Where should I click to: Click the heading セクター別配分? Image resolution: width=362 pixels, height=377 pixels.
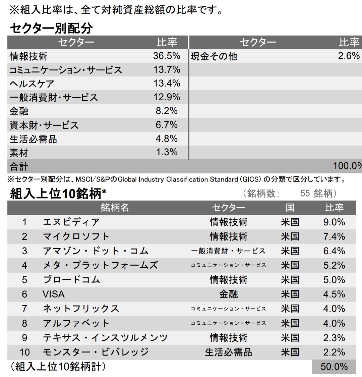pyautogui.click(x=51, y=28)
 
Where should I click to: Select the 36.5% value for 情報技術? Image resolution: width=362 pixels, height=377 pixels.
pyautogui.click(x=167, y=56)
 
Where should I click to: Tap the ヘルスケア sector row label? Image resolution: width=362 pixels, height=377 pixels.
pyautogui.click(x=32, y=84)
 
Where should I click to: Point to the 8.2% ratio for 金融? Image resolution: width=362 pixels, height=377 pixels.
pyautogui.click(x=167, y=111)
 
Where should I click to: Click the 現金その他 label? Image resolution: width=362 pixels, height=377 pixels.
pyautogui.click(x=214, y=56)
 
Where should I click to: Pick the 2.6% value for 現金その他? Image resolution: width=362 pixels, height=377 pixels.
pyautogui.click(x=349, y=56)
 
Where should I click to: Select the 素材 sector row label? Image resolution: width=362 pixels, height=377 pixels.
pyautogui.click(x=19, y=153)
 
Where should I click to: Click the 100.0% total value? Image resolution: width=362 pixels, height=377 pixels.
pyautogui.click(x=347, y=166)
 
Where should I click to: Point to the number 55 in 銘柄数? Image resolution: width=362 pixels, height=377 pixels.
pyautogui.click(x=305, y=194)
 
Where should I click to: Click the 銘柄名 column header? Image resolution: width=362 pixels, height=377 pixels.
pyautogui.click(x=115, y=208)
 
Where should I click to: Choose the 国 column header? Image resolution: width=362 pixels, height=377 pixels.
pyautogui.click(x=290, y=208)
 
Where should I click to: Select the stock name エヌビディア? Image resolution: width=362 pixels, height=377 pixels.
pyautogui.click(x=71, y=222)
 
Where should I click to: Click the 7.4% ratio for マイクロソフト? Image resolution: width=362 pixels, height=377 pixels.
pyautogui.click(x=334, y=236)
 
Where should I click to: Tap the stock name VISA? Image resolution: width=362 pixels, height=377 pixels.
pyautogui.click(x=54, y=294)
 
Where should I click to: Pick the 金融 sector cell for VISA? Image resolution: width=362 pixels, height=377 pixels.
pyautogui.click(x=228, y=294)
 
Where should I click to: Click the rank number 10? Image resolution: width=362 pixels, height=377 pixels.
pyautogui.click(x=24, y=352)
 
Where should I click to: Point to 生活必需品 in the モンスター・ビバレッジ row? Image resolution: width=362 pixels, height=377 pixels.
pyautogui.click(x=228, y=352)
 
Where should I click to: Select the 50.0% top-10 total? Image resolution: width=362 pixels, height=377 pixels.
pyautogui.click(x=334, y=367)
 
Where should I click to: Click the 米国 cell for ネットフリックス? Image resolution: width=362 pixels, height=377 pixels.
pyautogui.click(x=290, y=309)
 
